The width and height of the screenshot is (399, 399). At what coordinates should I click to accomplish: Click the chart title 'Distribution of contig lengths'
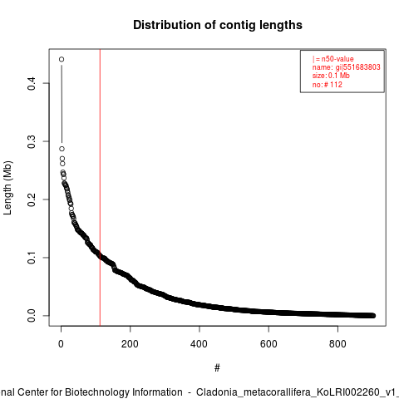(218, 25)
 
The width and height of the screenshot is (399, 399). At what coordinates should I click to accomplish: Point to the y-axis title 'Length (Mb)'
(7, 188)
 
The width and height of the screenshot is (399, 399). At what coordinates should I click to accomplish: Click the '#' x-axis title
(217, 368)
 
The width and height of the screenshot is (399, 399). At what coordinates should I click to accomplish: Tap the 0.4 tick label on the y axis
(32, 83)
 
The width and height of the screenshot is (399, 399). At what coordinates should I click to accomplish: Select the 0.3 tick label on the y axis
(32, 141)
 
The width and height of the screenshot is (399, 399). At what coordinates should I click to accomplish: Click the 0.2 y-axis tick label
(32, 199)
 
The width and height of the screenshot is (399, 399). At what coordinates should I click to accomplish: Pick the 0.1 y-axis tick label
(32, 258)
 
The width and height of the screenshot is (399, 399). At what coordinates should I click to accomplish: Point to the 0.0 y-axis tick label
(32, 316)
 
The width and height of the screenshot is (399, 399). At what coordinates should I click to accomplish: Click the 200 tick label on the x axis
(130, 344)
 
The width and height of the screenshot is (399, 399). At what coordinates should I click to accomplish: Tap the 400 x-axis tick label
(199, 344)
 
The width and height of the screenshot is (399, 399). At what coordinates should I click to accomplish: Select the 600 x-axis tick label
(268, 344)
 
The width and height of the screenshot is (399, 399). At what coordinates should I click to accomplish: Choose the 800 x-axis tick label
(337, 344)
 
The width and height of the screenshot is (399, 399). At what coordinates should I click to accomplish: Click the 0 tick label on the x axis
(61, 344)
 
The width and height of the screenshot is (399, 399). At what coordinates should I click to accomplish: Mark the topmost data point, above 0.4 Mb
(62, 59)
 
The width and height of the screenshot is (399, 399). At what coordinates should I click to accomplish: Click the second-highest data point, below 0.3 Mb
(62, 149)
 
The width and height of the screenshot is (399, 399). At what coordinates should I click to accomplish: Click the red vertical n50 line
(100, 188)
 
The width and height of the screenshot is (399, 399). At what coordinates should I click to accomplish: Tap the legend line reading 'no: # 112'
(328, 85)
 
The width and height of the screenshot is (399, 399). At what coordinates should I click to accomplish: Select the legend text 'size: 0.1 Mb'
(331, 76)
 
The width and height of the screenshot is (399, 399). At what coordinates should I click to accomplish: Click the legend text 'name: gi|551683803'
(347, 67)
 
